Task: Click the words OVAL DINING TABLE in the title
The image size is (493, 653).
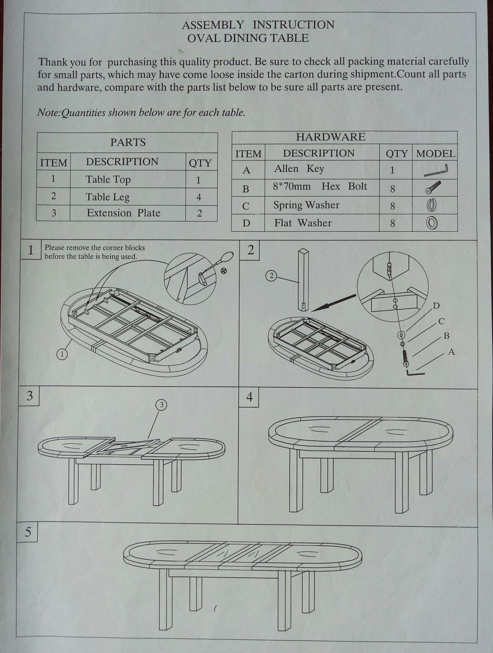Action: click(x=248, y=38)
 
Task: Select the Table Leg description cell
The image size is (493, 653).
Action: click(x=108, y=197)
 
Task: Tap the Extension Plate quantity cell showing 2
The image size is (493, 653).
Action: click(x=200, y=213)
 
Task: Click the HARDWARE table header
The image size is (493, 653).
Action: click(x=330, y=137)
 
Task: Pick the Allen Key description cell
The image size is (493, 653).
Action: click(x=299, y=169)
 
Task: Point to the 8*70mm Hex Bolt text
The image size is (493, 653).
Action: click(x=320, y=186)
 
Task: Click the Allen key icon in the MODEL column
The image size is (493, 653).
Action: click(x=436, y=171)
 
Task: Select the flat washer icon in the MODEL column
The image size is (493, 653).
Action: click(x=432, y=223)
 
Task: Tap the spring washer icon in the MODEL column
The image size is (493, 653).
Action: click(x=432, y=205)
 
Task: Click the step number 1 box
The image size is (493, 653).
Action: click(x=31, y=250)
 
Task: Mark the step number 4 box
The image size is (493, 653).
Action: click(x=249, y=398)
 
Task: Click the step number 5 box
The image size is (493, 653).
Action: click(x=28, y=532)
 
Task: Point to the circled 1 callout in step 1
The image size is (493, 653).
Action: click(x=62, y=354)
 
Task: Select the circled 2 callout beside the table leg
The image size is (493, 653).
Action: click(x=271, y=276)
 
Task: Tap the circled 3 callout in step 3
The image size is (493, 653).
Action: click(x=161, y=405)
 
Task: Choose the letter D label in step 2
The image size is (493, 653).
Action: click(x=436, y=306)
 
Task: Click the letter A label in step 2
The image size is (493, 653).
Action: click(x=451, y=352)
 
